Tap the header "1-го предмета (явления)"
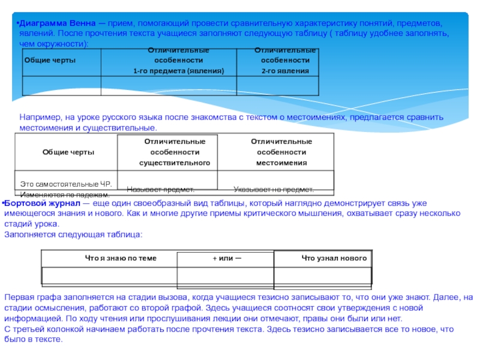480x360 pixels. coord(178,71)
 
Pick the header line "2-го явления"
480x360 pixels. coord(284,71)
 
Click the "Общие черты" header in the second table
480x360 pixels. coord(68,152)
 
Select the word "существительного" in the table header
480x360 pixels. coord(175,163)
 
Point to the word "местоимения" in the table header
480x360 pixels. coord(281,163)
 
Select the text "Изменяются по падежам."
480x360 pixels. coord(65,195)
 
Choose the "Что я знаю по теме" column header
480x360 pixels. coord(121,258)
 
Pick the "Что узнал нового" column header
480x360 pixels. coord(334,258)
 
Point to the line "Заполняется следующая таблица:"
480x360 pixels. coord(74,234)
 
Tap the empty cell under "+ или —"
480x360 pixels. coord(226,275)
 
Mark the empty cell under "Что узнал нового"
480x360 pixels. coord(324,275)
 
